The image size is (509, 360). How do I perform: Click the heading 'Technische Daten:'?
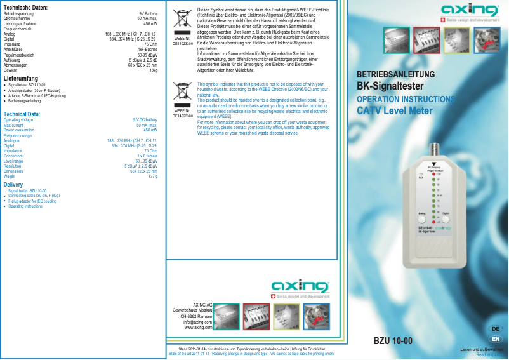(25, 7)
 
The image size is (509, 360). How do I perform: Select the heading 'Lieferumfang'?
(22, 78)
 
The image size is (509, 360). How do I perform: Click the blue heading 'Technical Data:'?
(22, 114)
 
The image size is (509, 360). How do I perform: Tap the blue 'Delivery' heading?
(13, 185)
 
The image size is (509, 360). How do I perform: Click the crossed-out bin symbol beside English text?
(183, 93)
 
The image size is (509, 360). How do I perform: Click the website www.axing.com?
(198, 328)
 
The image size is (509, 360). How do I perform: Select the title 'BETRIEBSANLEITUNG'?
(395, 75)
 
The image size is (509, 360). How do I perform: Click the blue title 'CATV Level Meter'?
(395, 111)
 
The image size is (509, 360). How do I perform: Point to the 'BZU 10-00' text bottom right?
(393, 341)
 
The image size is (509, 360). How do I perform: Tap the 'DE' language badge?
(496, 328)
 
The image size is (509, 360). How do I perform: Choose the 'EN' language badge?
(496, 338)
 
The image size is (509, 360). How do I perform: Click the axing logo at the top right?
(470, 11)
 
